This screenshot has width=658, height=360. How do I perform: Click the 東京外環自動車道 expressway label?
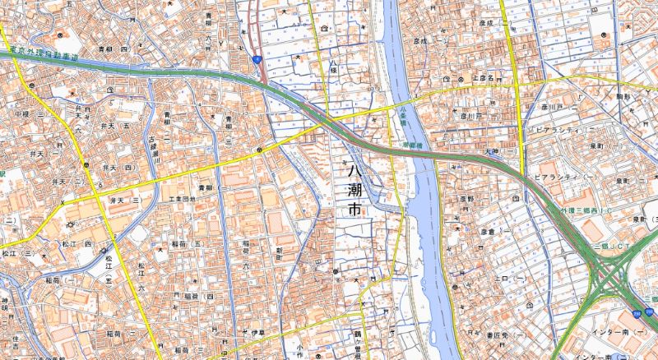point(45,57)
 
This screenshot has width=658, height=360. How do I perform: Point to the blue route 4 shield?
point(257,59)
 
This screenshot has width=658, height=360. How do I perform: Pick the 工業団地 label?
point(182,200)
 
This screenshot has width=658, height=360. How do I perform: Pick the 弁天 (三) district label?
point(120,200)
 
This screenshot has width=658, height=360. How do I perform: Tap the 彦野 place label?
point(466,199)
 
